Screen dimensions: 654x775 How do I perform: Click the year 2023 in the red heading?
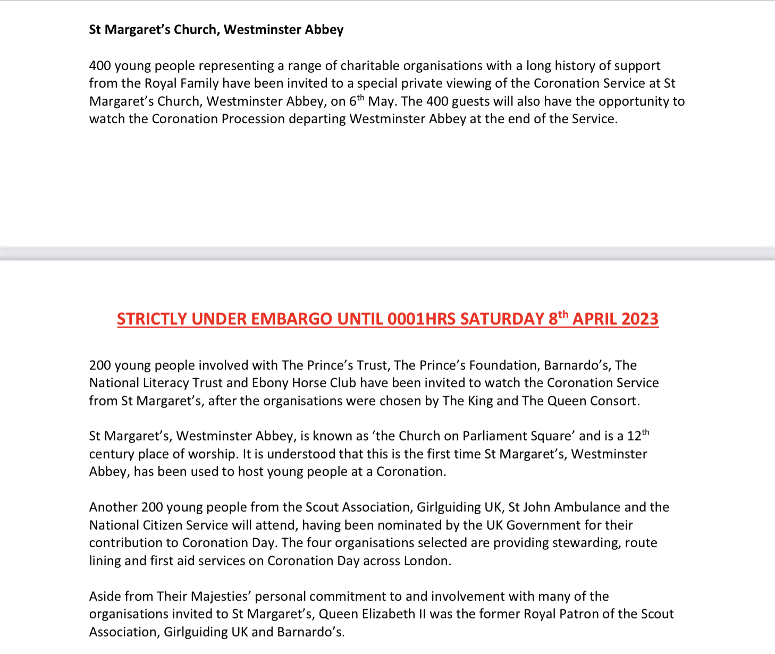(639, 319)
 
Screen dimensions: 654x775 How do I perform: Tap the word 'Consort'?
(614, 401)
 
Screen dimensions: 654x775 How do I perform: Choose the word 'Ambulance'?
(587, 507)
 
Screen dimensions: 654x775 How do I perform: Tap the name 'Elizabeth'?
(389, 614)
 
